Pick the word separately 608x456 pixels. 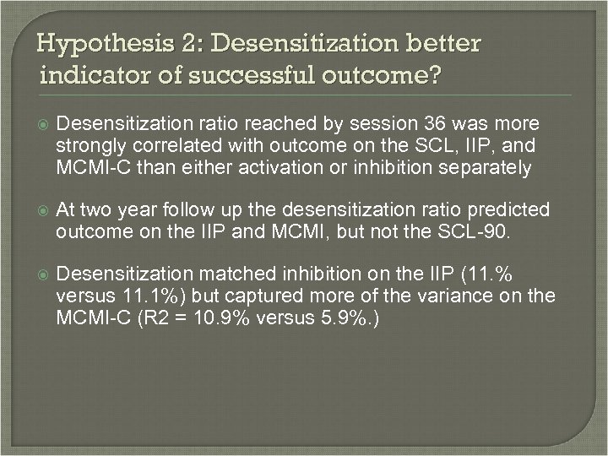click(x=485, y=167)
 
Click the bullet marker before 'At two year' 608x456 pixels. click(x=43, y=209)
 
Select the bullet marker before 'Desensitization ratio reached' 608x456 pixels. click(x=43, y=124)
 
